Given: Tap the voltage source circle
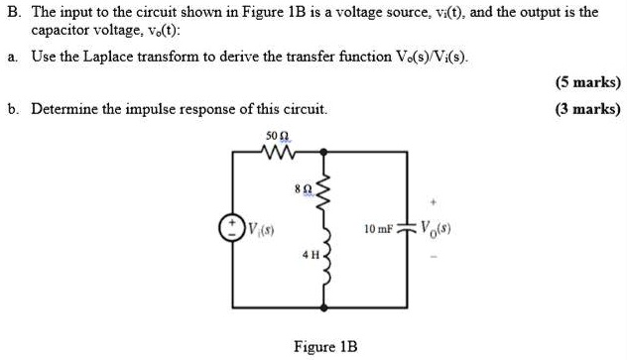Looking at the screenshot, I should point(234,229).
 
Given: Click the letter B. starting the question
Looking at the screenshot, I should point(13,12).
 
